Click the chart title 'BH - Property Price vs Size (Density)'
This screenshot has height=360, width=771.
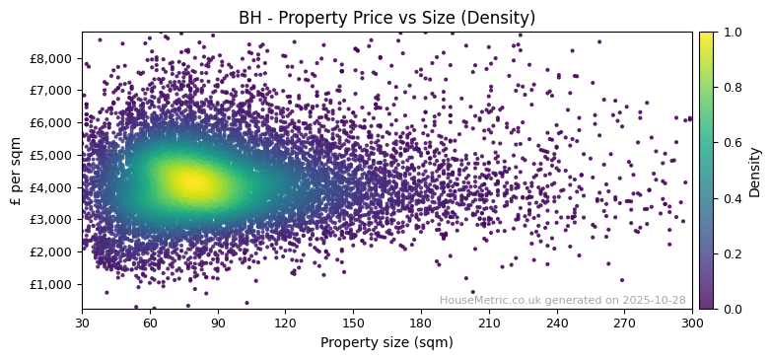coord(386,18)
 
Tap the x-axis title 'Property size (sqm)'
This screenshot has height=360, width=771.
coord(386,343)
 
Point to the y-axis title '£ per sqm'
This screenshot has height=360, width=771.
coord(16,171)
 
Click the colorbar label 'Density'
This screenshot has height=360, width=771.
coord(754,171)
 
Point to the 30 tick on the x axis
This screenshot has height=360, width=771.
coord(82,322)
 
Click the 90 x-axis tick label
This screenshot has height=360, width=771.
coord(217,322)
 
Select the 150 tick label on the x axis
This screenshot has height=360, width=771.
coord(353,322)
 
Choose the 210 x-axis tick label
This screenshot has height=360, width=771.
coord(489,322)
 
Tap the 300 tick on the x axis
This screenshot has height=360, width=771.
coord(692,322)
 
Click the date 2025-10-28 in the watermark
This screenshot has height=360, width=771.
coord(655,300)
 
